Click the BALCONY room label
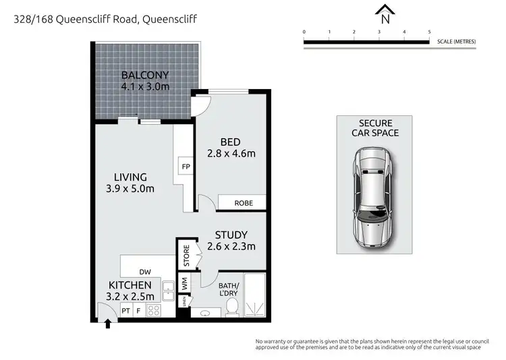(x=144, y=75)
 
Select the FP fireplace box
(x=185, y=166)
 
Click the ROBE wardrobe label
(x=244, y=202)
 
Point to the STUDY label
(x=231, y=235)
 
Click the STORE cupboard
(x=187, y=256)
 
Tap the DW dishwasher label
(x=145, y=271)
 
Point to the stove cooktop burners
(x=153, y=310)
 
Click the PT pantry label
(x=125, y=311)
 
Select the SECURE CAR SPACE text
(x=374, y=127)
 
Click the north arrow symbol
(x=385, y=11)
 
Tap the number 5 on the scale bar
(x=429, y=32)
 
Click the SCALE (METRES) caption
(x=457, y=42)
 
